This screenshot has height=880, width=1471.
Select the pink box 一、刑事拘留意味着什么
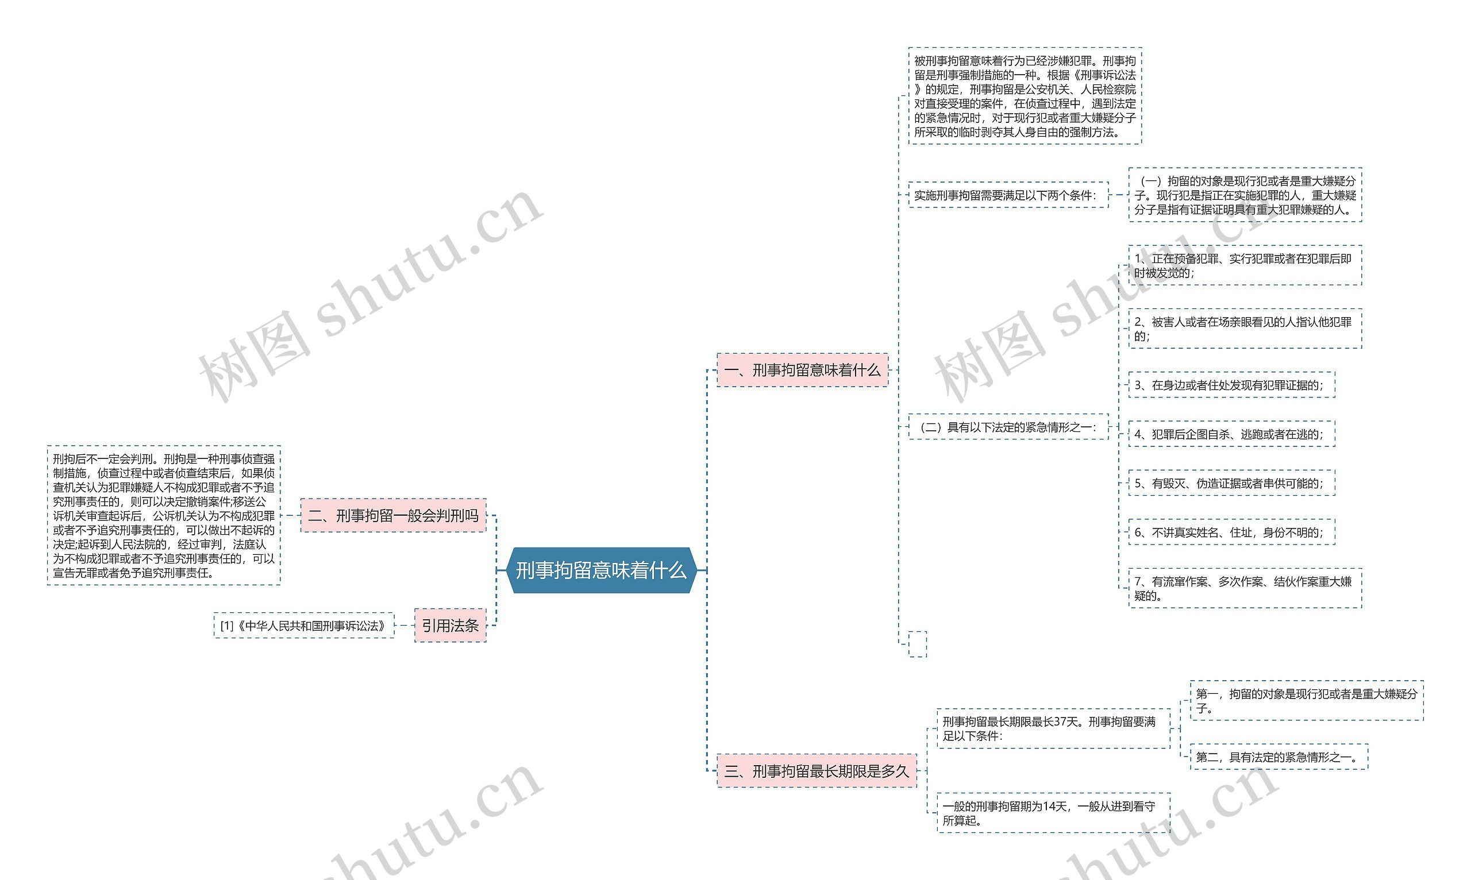(802, 370)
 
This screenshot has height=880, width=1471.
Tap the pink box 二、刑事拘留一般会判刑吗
(392, 515)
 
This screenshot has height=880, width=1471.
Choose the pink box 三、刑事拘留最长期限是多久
(816, 771)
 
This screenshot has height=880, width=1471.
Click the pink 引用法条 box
(449, 625)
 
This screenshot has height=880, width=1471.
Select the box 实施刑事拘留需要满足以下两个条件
(1008, 195)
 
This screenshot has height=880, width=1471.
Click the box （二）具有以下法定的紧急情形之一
(1008, 427)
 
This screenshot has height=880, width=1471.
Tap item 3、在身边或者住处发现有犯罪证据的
(1231, 385)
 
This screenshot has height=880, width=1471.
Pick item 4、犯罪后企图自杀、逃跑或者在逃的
(1231, 434)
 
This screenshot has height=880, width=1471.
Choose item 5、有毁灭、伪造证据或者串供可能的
(1231, 483)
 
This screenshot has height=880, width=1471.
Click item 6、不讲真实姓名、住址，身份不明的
(1231, 532)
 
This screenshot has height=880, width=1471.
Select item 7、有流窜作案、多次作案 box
(1245, 588)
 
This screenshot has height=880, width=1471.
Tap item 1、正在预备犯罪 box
(1245, 265)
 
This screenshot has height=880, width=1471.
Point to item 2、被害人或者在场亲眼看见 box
(1245, 329)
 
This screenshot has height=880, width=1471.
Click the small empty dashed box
(917, 644)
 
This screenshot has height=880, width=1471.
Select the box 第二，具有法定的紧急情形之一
(1279, 757)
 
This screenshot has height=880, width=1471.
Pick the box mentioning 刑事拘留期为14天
(1053, 813)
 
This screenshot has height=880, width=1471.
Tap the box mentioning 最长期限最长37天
(1053, 728)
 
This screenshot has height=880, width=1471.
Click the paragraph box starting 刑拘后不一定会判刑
(164, 515)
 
